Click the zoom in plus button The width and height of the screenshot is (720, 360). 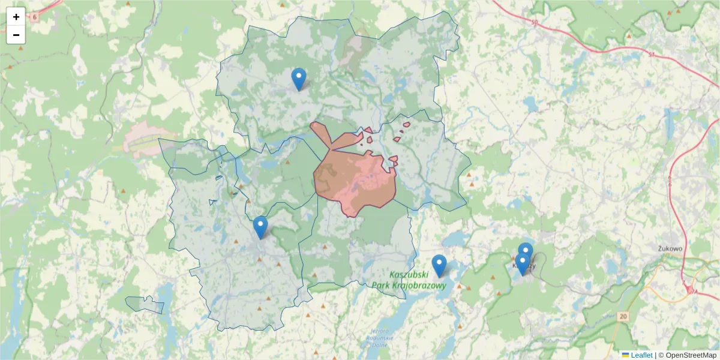pyautogui.click(x=16, y=17)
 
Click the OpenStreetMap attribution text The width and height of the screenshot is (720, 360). pyautogui.click(x=691, y=355)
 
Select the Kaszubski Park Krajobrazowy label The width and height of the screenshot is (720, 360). pyautogui.click(x=409, y=280)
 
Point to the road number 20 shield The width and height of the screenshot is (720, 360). pyautogui.click(x=624, y=316)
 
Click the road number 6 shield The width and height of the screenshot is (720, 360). pyautogui.click(x=34, y=17)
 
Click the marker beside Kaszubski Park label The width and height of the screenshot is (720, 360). pyautogui.click(x=439, y=266)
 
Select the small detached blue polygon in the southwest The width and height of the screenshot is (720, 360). pyautogui.click(x=145, y=305)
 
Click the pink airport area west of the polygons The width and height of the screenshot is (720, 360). pyautogui.click(x=144, y=140)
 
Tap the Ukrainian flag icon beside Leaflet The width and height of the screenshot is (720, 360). pyautogui.click(x=625, y=355)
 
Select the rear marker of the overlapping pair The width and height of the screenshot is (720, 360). pyautogui.click(x=526, y=250)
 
